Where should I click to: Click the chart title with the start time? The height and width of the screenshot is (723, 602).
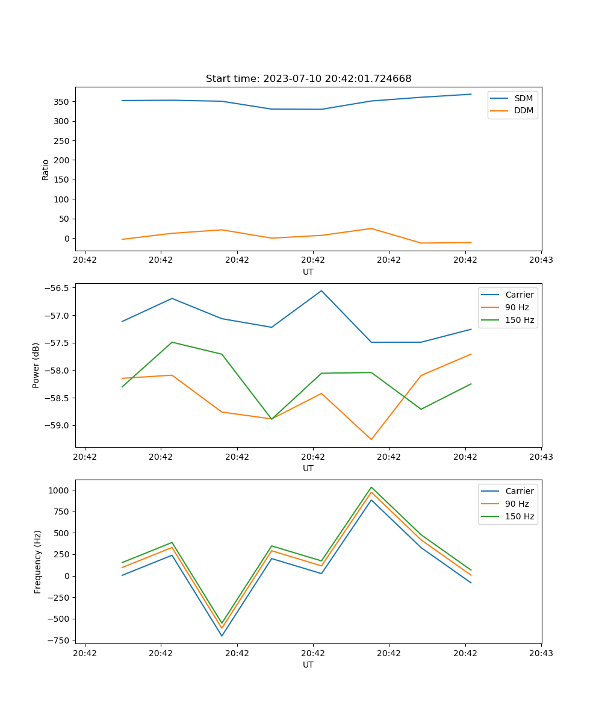(308, 79)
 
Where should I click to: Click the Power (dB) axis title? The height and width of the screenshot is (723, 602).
(36, 365)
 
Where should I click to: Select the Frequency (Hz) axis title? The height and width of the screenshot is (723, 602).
(38, 562)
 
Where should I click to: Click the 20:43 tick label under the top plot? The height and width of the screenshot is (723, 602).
(541, 260)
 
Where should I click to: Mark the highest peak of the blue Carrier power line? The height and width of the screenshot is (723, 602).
(321, 290)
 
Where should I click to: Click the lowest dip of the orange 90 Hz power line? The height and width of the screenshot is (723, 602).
(371, 439)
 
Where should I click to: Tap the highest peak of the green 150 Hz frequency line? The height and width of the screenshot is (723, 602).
(371, 487)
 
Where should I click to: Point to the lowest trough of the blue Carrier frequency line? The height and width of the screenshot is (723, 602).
(222, 636)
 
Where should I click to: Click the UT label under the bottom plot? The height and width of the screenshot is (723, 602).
(308, 665)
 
